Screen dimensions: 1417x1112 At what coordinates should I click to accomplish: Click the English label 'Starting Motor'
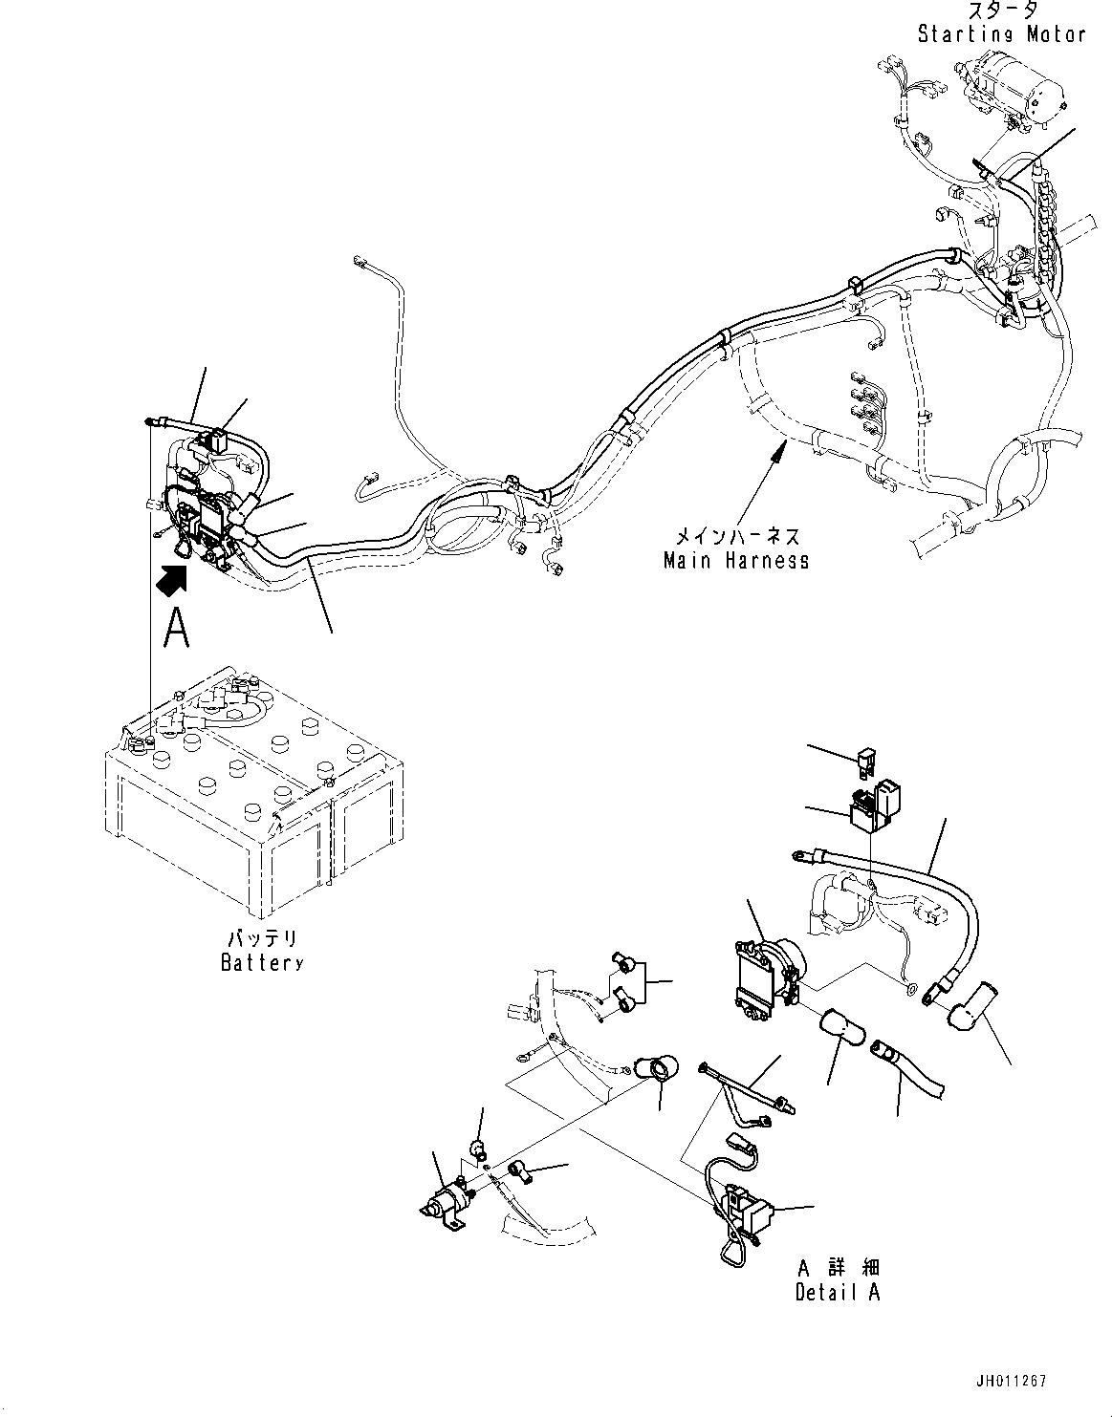[x=1001, y=34]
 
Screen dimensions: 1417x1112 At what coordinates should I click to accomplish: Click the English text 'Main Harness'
[x=736, y=560]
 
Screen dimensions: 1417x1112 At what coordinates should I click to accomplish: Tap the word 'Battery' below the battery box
[x=261, y=962]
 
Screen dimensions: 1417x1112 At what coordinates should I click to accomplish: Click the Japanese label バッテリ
[x=261, y=939]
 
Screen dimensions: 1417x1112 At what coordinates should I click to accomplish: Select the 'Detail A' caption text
[x=838, y=1292]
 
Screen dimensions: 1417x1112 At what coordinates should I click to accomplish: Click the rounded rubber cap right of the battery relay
[x=841, y=1034]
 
